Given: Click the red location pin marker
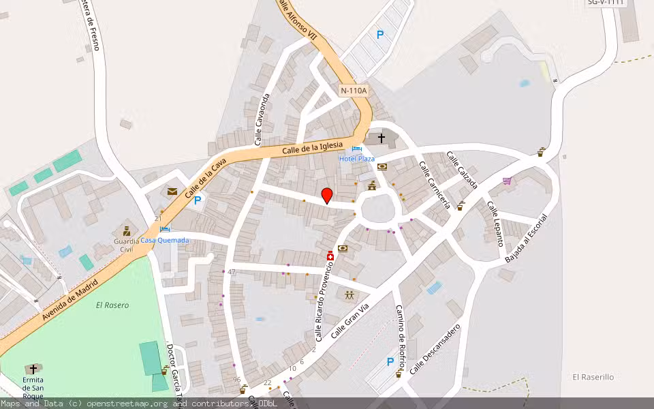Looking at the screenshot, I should click(x=327, y=196).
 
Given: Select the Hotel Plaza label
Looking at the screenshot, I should click(x=357, y=159).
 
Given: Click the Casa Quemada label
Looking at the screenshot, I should click(x=165, y=240).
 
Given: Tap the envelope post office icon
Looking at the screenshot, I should click(x=172, y=192).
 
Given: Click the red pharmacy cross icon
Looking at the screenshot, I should click(x=330, y=256).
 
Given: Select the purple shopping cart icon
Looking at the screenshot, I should click(x=507, y=181).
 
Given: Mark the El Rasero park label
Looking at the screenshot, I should click(x=112, y=305).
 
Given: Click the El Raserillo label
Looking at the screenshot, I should click(x=593, y=377).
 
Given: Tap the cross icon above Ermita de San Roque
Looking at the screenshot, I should click(x=33, y=369).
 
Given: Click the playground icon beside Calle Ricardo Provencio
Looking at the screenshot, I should click(x=349, y=295).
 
